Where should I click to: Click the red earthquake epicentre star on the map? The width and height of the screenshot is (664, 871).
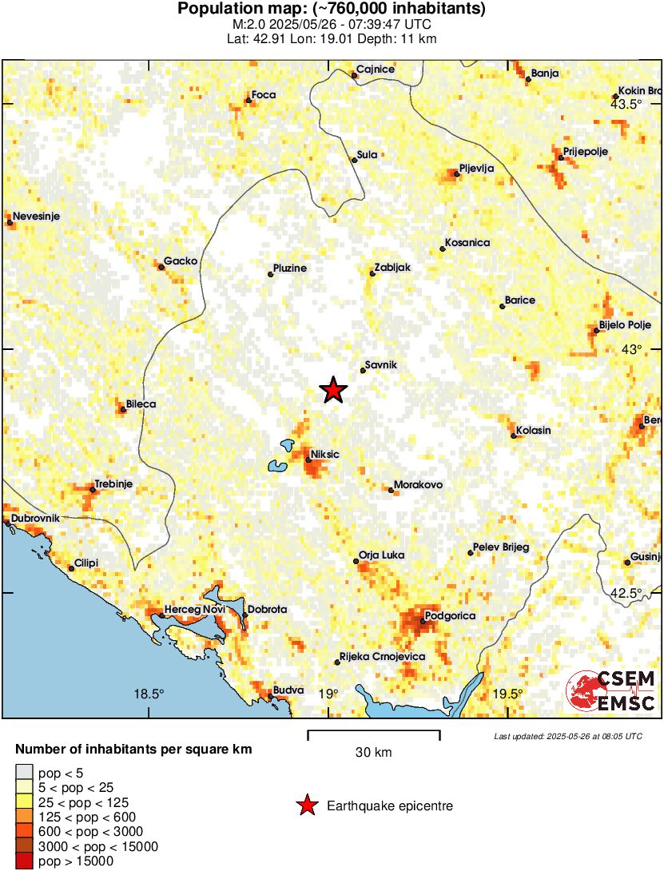click(x=333, y=390)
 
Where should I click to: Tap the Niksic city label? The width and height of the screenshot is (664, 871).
click(x=325, y=454)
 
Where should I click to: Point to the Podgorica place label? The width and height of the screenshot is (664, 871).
click(x=451, y=615)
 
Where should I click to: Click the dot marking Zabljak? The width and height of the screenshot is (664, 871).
click(x=372, y=274)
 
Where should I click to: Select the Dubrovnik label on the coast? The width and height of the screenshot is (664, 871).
click(x=35, y=519)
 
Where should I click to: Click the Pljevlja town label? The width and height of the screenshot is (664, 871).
click(x=477, y=169)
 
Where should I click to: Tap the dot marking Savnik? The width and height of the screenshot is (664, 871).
click(x=362, y=371)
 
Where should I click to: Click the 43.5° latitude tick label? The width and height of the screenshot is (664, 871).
click(x=626, y=105)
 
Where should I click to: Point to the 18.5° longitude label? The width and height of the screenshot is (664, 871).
click(x=149, y=694)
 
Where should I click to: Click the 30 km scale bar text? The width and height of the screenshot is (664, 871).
click(x=373, y=752)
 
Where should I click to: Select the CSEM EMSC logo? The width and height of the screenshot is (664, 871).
click(x=611, y=691)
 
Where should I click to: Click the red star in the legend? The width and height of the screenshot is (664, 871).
click(x=306, y=806)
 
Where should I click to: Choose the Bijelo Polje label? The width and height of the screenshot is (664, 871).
click(x=625, y=326)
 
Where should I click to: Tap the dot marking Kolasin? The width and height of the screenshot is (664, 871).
click(x=513, y=435)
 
